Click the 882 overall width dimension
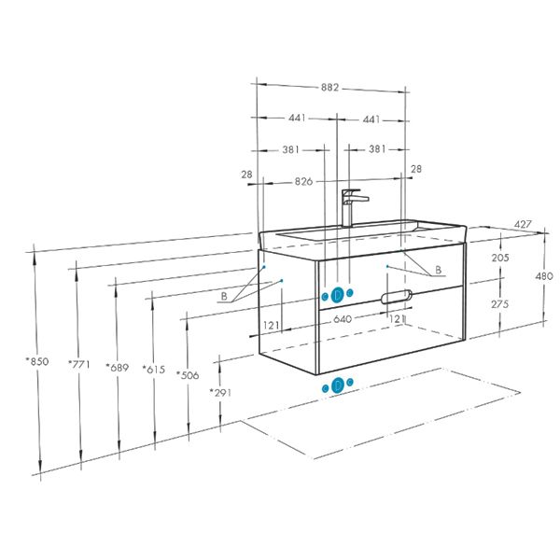coord(329,88)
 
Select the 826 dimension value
coord(303,181)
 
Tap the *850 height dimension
coord(37,361)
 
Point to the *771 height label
coord(79,364)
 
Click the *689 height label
coord(118,367)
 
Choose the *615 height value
coord(154,370)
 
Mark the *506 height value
coord(188,375)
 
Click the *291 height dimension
coord(220,393)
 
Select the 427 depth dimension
coord(523,224)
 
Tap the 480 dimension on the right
coord(544,275)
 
